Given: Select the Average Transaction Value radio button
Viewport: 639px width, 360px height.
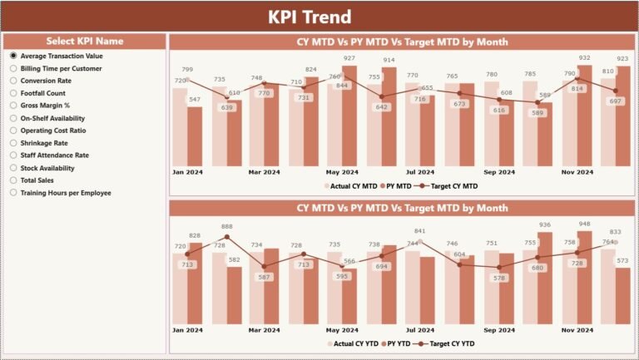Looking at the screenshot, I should [x=13, y=56].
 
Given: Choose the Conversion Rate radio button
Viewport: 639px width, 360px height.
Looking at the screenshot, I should [x=13, y=81].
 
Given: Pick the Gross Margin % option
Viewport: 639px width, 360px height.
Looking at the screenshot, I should [x=13, y=106].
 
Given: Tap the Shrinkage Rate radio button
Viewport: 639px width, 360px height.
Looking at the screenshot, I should [x=13, y=143].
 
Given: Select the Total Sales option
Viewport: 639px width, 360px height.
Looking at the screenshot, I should [x=13, y=180].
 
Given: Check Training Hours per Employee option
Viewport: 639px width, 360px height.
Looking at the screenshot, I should [x=13, y=193].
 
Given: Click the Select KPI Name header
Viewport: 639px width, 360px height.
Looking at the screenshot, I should [x=85, y=41].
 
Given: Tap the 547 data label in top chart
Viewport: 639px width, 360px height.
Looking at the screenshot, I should [x=195, y=100].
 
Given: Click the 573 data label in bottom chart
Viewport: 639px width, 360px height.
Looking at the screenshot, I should [x=622, y=261].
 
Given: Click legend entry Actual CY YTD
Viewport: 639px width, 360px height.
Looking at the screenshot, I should [x=354, y=343].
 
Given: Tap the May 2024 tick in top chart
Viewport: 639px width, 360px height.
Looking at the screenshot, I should [x=343, y=172].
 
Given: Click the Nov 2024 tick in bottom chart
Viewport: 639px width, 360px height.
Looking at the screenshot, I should [x=577, y=330].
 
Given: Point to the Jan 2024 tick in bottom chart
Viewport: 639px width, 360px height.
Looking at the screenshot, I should [x=187, y=330].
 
